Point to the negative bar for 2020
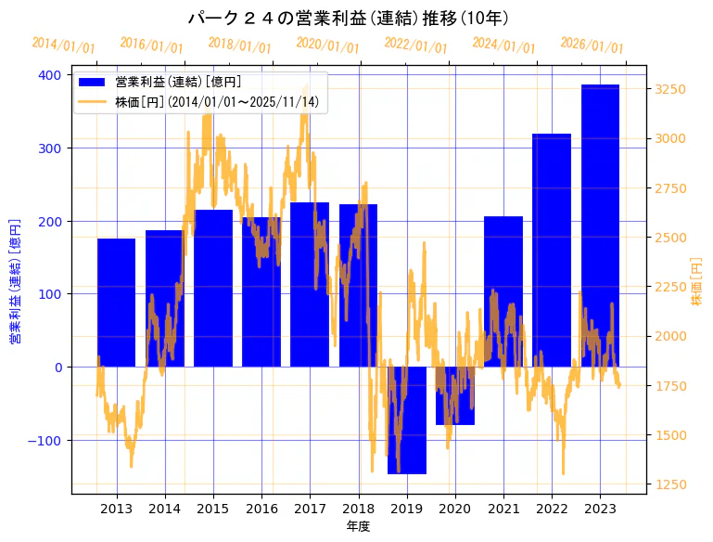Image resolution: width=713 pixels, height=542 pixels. point(454,395)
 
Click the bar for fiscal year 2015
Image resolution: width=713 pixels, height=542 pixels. point(213,288)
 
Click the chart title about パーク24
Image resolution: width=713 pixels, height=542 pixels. point(348,18)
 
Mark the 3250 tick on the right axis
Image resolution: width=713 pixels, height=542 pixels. point(670,89)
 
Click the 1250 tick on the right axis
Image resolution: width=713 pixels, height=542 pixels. point(670,484)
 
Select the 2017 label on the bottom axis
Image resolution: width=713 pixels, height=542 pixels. point(310,509)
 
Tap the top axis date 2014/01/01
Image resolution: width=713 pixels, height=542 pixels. point(63,45)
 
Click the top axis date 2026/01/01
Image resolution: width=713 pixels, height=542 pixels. point(592,45)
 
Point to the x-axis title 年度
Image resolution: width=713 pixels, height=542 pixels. point(358,526)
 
